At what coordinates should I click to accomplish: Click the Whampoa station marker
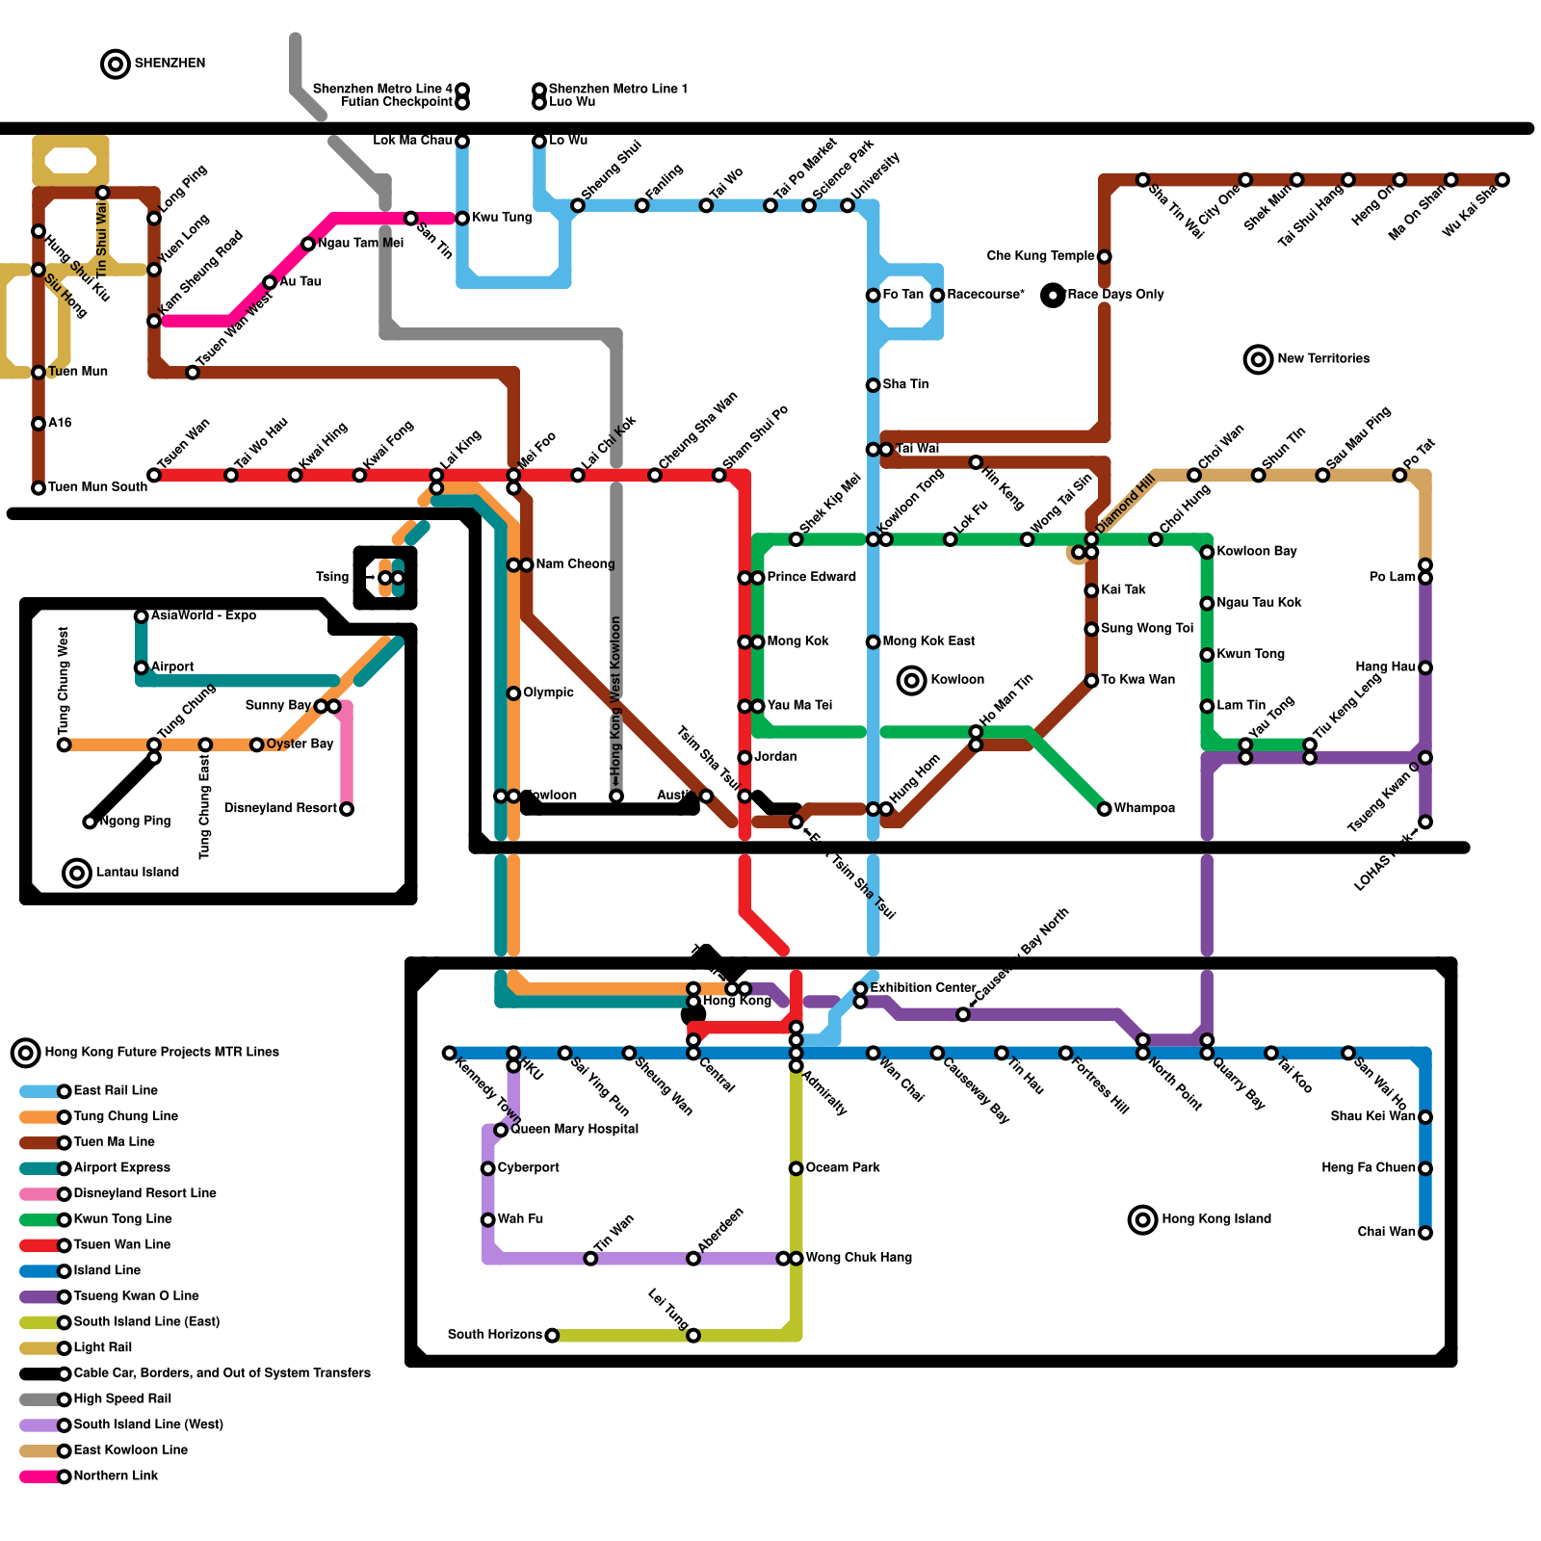point(1104,809)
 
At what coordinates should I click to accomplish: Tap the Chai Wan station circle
point(1425,1233)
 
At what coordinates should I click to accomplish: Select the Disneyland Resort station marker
point(347,809)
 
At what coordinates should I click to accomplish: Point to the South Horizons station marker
point(552,1335)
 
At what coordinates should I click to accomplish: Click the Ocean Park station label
point(843,1167)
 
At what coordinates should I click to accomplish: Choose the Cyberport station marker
point(488,1168)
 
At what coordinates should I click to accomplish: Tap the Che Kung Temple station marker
point(1104,256)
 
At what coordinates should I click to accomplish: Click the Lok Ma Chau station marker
point(462,142)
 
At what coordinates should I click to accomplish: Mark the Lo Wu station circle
point(539,142)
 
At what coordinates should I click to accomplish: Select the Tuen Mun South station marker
point(39,488)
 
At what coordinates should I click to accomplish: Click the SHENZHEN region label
point(170,64)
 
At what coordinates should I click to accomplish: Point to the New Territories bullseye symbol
point(1258,359)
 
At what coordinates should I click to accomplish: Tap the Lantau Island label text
point(138,873)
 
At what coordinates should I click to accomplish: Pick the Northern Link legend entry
point(116,1476)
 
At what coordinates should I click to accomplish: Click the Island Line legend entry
point(107,1270)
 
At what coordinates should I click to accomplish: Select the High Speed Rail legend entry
point(122,1398)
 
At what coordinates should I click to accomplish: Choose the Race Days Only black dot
point(1053,296)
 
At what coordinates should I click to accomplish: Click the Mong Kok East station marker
point(873,642)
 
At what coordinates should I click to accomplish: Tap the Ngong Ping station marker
point(90,822)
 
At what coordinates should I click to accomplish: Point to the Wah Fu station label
point(520,1219)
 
